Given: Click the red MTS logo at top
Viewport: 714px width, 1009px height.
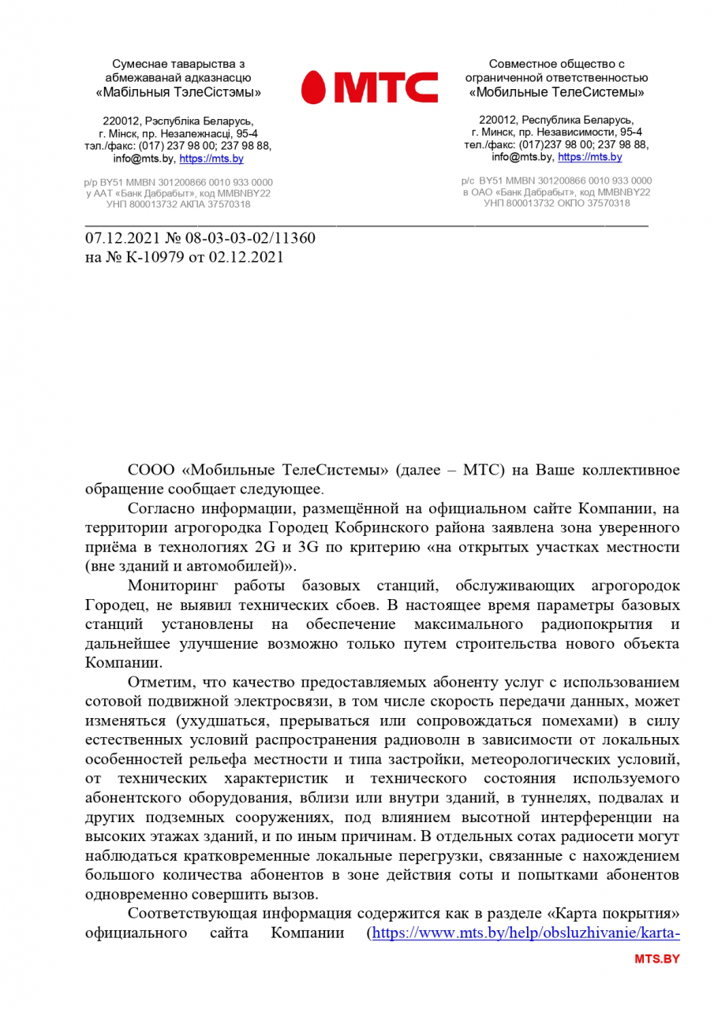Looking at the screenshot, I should click(369, 87).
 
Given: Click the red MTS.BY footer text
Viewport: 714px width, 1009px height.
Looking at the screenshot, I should click(656, 959).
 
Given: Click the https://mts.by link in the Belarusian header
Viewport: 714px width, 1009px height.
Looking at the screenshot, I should click(211, 158).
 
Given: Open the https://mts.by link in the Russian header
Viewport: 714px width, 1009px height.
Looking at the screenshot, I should click(589, 157).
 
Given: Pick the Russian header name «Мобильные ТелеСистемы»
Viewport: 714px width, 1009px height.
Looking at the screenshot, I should click(556, 92).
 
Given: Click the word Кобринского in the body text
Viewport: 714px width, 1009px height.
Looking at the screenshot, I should click(453, 527).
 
